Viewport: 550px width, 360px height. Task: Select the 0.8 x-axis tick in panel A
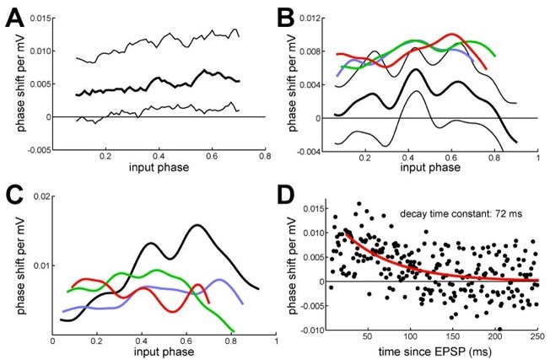[x=265, y=158]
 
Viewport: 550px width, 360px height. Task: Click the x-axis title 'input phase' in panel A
[x=158, y=171]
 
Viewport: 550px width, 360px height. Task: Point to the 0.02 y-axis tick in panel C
[x=38, y=196]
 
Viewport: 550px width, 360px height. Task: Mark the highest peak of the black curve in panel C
[x=197, y=225]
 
